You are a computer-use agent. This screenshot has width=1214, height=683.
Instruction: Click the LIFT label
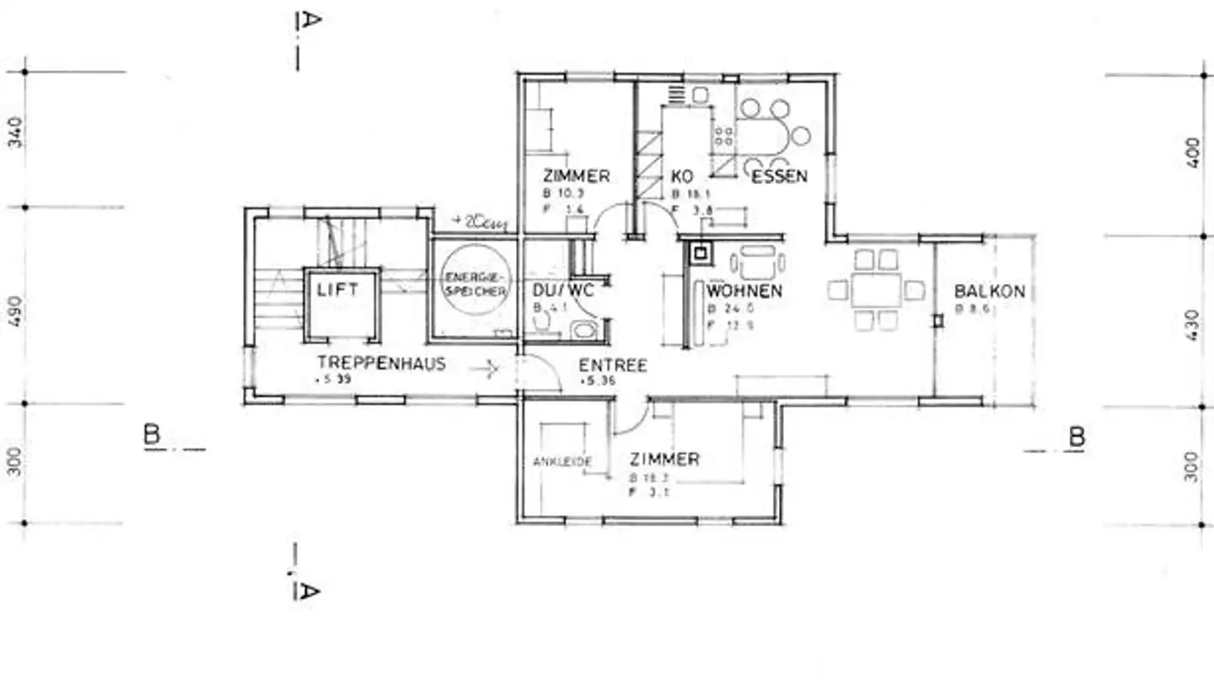(x=338, y=290)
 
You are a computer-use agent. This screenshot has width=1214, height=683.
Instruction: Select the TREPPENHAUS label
(x=381, y=363)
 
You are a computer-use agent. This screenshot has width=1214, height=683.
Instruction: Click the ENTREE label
(x=613, y=365)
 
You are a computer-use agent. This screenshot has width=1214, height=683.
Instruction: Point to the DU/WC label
(x=563, y=291)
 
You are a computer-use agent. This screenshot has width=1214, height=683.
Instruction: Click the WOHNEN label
(x=744, y=292)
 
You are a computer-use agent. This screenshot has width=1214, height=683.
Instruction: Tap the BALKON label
(x=989, y=292)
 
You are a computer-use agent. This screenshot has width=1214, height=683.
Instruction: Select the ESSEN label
(x=779, y=176)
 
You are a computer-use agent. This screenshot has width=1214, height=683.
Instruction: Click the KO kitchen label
(x=682, y=177)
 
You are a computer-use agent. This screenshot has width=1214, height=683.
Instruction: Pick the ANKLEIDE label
(x=562, y=462)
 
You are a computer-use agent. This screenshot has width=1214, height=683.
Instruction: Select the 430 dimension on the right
(x=1191, y=323)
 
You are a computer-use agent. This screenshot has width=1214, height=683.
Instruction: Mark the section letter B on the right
(x=1077, y=437)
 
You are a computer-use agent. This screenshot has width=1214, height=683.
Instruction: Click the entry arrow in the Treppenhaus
(x=485, y=368)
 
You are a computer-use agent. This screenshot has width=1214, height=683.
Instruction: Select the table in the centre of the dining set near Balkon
(x=876, y=290)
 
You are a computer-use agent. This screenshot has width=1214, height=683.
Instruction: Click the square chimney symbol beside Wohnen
(x=700, y=251)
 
